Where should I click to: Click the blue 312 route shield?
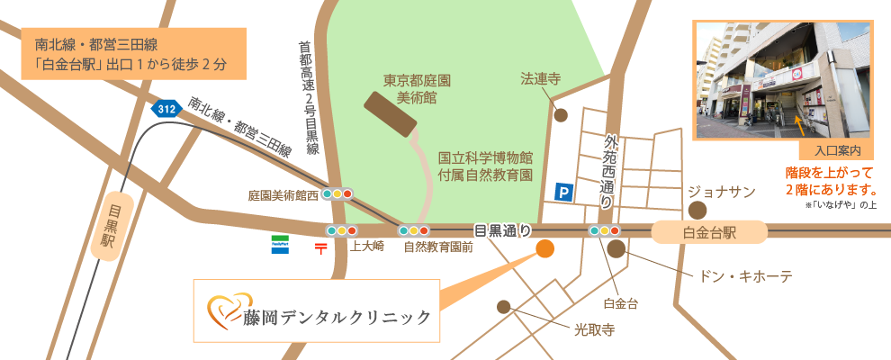166,108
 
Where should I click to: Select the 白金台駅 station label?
710,233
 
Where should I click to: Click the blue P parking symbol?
563,191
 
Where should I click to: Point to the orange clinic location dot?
544,249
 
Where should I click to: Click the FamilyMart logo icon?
281,245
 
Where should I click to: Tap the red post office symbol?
320,246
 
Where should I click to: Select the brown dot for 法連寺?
561,115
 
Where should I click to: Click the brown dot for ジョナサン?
697,210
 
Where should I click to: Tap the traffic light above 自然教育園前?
413,230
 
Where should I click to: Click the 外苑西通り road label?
611,172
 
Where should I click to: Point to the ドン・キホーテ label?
739,275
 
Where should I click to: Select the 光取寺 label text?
594,329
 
